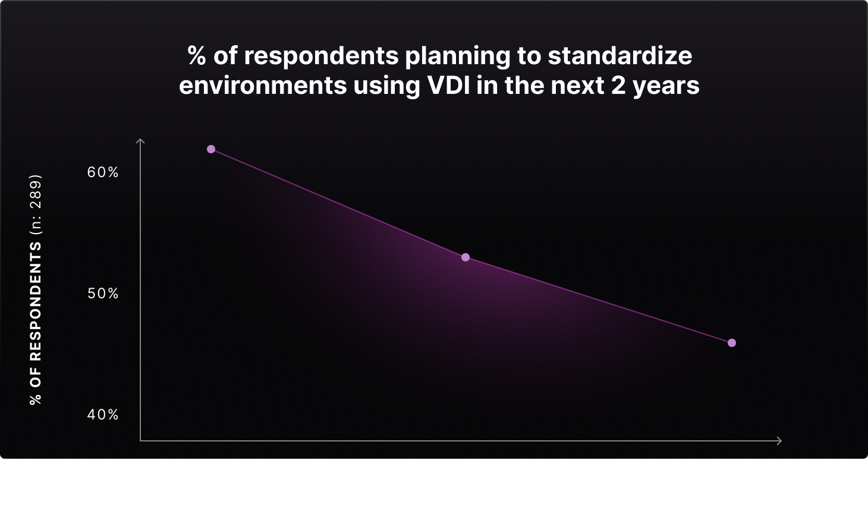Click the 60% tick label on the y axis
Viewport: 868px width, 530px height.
[103, 172]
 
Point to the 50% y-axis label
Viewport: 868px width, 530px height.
[103, 294]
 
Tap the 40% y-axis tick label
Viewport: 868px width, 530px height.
[103, 415]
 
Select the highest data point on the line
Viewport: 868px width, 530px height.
[211, 149]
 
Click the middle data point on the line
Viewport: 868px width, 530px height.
[466, 257]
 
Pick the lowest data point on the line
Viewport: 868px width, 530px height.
[732, 343]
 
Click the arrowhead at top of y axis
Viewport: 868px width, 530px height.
[140, 141]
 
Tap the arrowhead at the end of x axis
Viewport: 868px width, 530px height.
[779, 440]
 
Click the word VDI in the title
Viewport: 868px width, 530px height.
[448, 85]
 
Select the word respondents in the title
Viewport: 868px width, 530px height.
[321, 56]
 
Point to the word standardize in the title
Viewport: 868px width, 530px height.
[620, 55]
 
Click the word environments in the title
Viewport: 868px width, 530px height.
[263, 85]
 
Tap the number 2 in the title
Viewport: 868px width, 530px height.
[618, 85]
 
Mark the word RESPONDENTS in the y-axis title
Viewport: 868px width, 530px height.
[35, 301]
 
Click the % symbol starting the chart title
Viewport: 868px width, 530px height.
[197, 55]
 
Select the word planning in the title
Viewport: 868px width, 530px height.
[458, 56]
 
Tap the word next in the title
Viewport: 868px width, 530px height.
[577, 86]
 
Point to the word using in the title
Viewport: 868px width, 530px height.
[386, 87]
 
